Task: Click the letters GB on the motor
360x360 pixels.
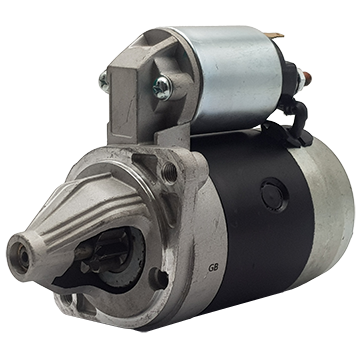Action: (x=213, y=268)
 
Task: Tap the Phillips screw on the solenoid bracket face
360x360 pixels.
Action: (x=163, y=88)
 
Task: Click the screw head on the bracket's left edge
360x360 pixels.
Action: (x=104, y=82)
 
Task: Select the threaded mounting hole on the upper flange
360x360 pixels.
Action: (x=170, y=172)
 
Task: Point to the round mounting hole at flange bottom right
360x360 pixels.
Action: (x=159, y=278)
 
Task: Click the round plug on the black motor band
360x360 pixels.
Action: (x=274, y=196)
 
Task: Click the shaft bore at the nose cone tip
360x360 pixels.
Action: (x=23, y=257)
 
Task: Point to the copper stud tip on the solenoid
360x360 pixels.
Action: (x=308, y=77)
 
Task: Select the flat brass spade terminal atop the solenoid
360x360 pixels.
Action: (x=275, y=35)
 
